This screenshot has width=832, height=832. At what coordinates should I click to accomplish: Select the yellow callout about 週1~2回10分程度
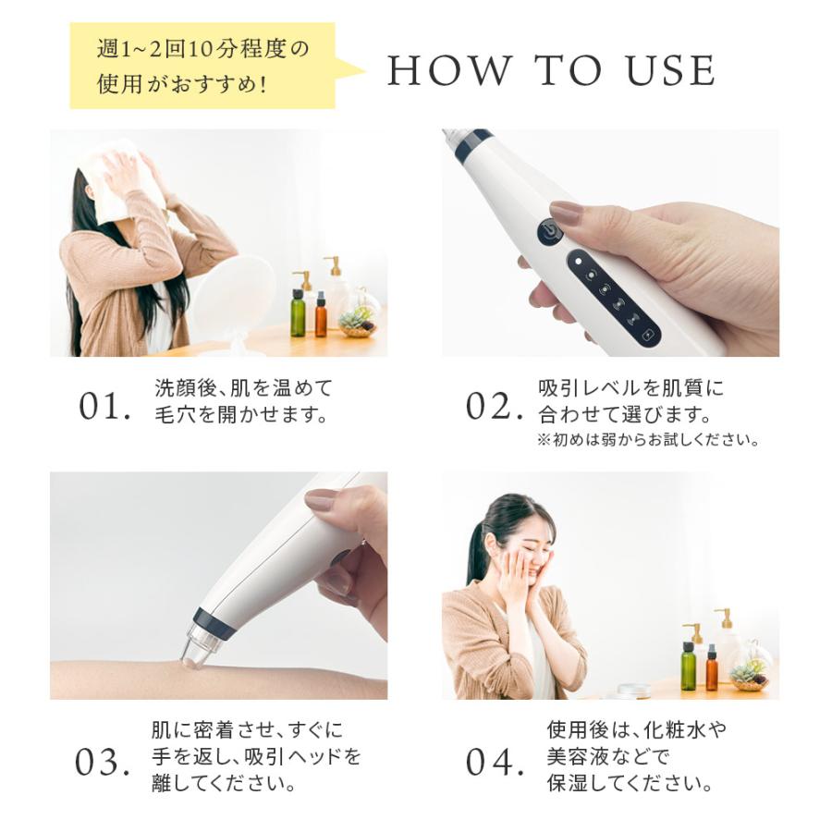click(203, 66)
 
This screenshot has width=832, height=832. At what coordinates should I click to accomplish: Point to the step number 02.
click(489, 407)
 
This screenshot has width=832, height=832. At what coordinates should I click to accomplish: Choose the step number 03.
click(103, 763)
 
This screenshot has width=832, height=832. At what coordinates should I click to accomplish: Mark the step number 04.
click(489, 763)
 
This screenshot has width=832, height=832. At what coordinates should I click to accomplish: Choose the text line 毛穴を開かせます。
click(240, 414)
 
